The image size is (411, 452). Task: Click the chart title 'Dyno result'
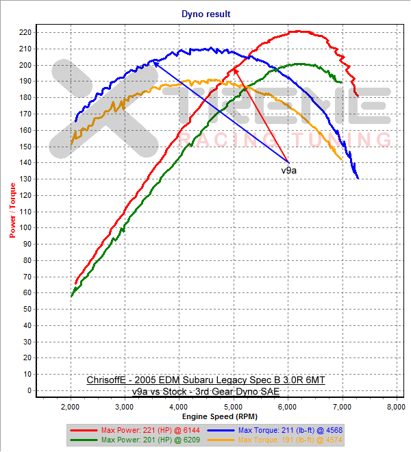coord(206,13)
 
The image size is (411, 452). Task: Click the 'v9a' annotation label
coord(290,168)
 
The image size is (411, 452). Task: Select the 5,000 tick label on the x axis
coord(234,406)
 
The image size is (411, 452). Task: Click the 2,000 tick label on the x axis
coord(71,406)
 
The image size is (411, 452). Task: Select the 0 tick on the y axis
coord(31,390)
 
